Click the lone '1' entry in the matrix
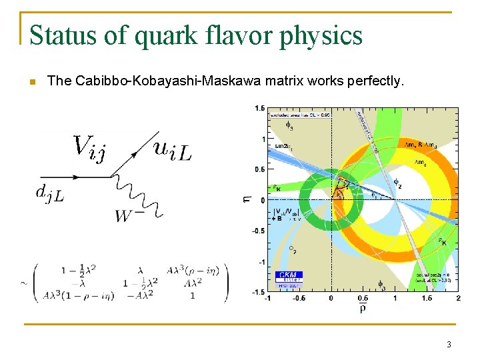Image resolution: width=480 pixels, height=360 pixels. click(x=192, y=295)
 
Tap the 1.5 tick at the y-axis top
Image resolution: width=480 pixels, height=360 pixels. click(x=259, y=108)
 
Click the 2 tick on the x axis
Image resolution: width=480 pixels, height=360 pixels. click(x=459, y=298)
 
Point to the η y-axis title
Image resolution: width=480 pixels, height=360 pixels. click(x=249, y=198)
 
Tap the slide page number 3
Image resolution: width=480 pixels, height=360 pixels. click(x=449, y=344)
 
